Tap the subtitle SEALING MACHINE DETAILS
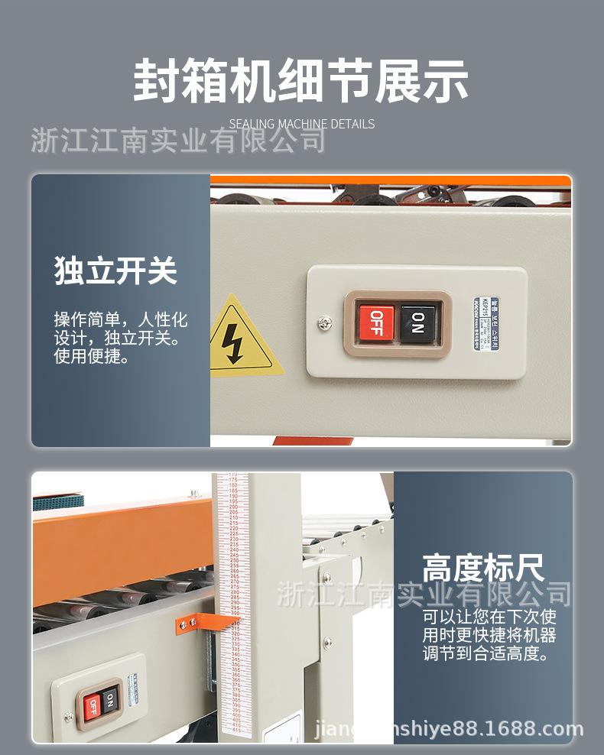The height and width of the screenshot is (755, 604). pos(302,124)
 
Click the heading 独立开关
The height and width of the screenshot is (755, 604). pos(115,271)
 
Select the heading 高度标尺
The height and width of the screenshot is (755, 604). pos(483,569)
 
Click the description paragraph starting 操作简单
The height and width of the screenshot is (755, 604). pos(120,337)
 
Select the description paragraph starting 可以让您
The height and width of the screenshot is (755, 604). pos(489,635)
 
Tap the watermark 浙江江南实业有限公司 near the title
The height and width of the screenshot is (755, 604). pos(178,141)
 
